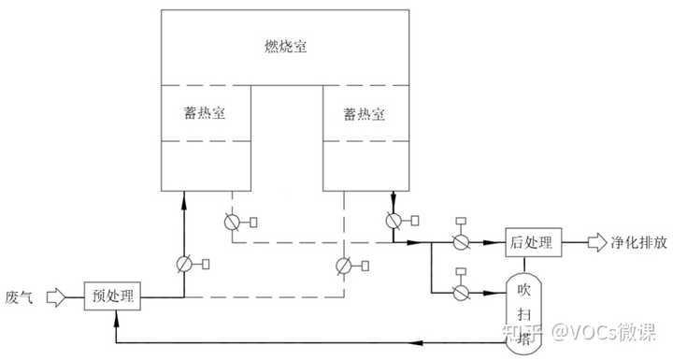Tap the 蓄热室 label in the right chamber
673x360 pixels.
365,112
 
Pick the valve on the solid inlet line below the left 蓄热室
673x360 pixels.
184,265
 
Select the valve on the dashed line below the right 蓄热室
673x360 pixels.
344,265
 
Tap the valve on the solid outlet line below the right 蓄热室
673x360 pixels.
393,222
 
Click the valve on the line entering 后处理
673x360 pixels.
460,242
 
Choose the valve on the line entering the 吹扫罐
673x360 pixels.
460,292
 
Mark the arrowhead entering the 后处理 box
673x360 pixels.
500,243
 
